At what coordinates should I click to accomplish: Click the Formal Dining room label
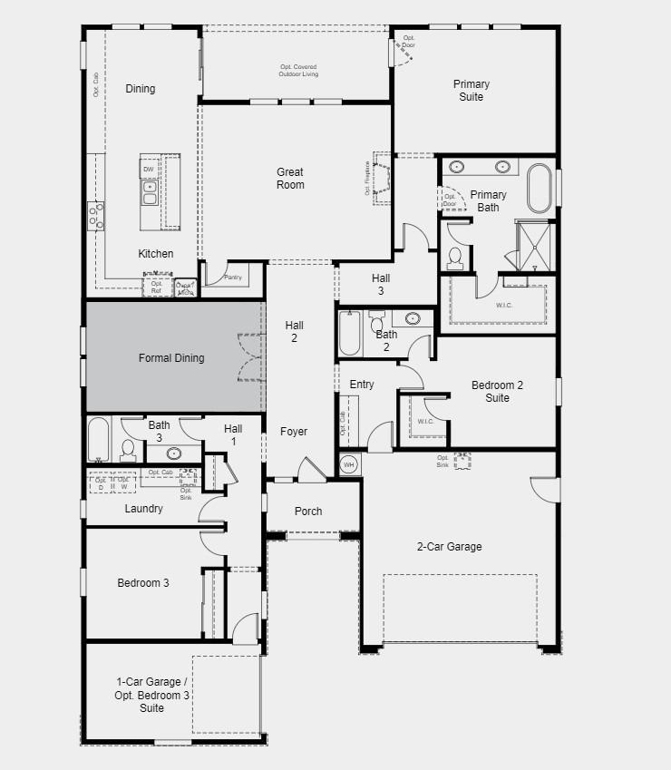[x=170, y=358]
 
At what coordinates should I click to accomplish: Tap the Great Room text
[x=290, y=179]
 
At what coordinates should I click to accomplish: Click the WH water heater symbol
[x=349, y=465]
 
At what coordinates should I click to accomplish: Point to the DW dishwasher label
[x=149, y=170]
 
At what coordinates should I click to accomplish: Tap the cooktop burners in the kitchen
[x=95, y=216]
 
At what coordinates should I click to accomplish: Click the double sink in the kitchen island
[x=149, y=190]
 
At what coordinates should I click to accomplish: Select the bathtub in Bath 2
[x=350, y=333]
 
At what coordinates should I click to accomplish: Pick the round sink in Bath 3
[x=172, y=453]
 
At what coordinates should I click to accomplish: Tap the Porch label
[x=308, y=512]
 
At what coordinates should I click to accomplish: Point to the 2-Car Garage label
[x=449, y=547]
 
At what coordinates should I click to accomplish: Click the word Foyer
[x=293, y=432]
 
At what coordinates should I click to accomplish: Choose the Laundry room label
[x=143, y=509]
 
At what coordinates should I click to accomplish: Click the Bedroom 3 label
[x=142, y=583]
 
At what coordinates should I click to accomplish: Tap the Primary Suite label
[x=472, y=91]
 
